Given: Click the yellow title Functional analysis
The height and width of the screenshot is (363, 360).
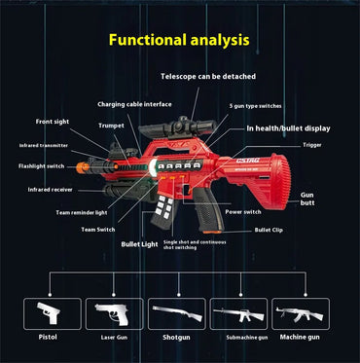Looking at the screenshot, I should [x=179, y=41].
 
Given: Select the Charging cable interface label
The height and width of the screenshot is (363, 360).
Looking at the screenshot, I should [x=134, y=103].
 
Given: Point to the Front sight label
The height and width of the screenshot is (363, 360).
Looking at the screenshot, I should [x=52, y=122].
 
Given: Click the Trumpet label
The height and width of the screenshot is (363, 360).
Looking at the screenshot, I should [x=111, y=125].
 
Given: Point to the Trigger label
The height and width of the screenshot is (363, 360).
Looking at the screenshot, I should [x=311, y=144].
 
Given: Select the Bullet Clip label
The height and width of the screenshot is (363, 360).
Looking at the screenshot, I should [x=270, y=230].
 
